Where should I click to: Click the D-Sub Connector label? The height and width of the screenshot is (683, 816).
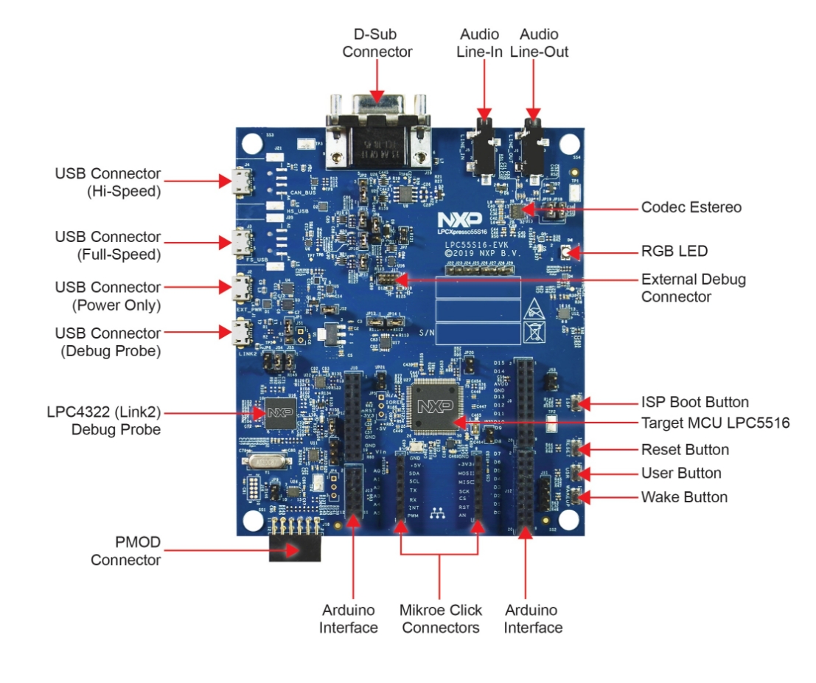(x=377, y=43)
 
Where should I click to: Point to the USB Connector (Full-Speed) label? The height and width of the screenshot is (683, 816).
(x=108, y=246)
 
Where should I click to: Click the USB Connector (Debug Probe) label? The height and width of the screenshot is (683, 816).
(x=108, y=342)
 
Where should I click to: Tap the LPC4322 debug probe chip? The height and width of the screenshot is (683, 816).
(x=278, y=413)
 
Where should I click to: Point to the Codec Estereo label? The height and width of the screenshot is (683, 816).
(x=691, y=208)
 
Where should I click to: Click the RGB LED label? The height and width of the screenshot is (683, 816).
(x=674, y=252)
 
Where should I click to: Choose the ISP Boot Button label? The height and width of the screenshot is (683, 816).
(x=694, y=402)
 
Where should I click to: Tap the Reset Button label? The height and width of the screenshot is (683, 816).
(x=685, y=449)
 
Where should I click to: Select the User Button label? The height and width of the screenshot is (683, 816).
(x=680, y=473)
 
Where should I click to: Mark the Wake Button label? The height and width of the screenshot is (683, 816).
(x=684, y=497)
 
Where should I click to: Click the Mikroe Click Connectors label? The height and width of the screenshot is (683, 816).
(x=440, y=618)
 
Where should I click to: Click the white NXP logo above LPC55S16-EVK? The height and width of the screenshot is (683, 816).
(x=459, y=220)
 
